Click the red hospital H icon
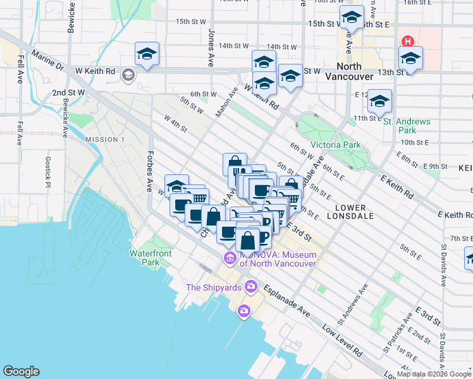(x=408, y=42)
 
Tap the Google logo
(x=21, y=371)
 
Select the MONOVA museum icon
(x=229, y=258)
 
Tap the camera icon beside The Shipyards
(x=252, y=287)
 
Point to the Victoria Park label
(x=335, y=145)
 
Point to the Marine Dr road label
(x=47, y=61)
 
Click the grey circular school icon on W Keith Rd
(x=128, y=76)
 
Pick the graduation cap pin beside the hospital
(x=411, y=59)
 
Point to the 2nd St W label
(x=68, y=92)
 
